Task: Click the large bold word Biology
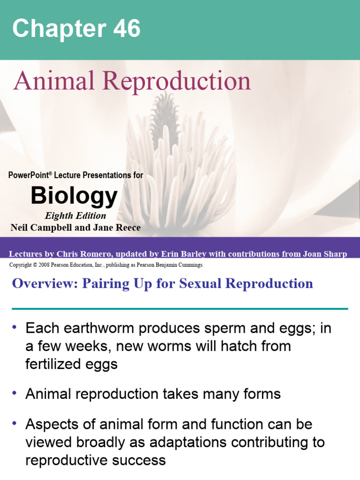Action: pyautogui.click(x=74, y=196)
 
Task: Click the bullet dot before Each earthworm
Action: pyautogui.click(x=15, y=327)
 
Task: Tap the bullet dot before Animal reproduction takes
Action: pyautogui.click(x=15, y=392)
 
